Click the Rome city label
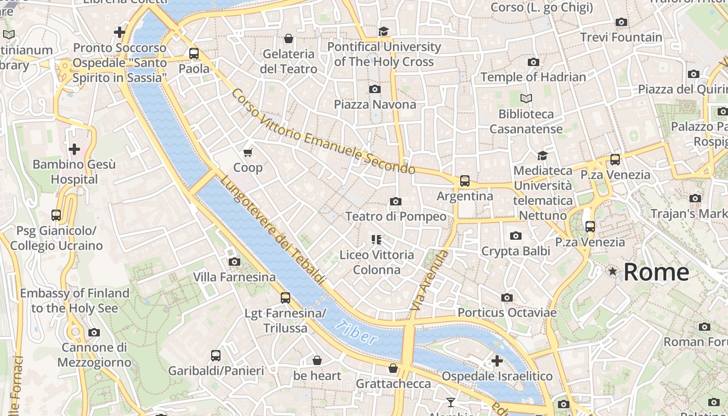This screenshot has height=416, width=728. tap(656, 272)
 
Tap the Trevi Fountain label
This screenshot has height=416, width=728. tap(621, 37)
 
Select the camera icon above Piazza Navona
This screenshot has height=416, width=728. tap(374, 89)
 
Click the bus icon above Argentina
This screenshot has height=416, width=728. tap(464, 181)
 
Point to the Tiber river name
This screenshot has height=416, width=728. tap(357, 333)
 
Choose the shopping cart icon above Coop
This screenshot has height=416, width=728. tap(248, 152)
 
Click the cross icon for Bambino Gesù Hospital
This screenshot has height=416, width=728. tap(74, 149)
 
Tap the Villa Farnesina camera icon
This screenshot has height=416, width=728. tap(235, 262)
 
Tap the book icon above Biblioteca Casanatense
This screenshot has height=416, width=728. tap(526, 98)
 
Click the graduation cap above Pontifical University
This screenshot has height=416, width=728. tap(384, 31)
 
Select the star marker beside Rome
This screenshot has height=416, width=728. tap(613, 271)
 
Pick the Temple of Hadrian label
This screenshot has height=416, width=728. tap(533, 77)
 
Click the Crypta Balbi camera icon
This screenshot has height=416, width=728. tap(515, 236)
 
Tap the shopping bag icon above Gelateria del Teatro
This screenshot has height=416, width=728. tap(288, 38)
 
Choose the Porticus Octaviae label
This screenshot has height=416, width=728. tap(507, 313)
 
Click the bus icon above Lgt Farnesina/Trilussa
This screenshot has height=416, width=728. tap(285, 298)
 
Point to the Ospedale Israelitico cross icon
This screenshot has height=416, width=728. tap(497, 360)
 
